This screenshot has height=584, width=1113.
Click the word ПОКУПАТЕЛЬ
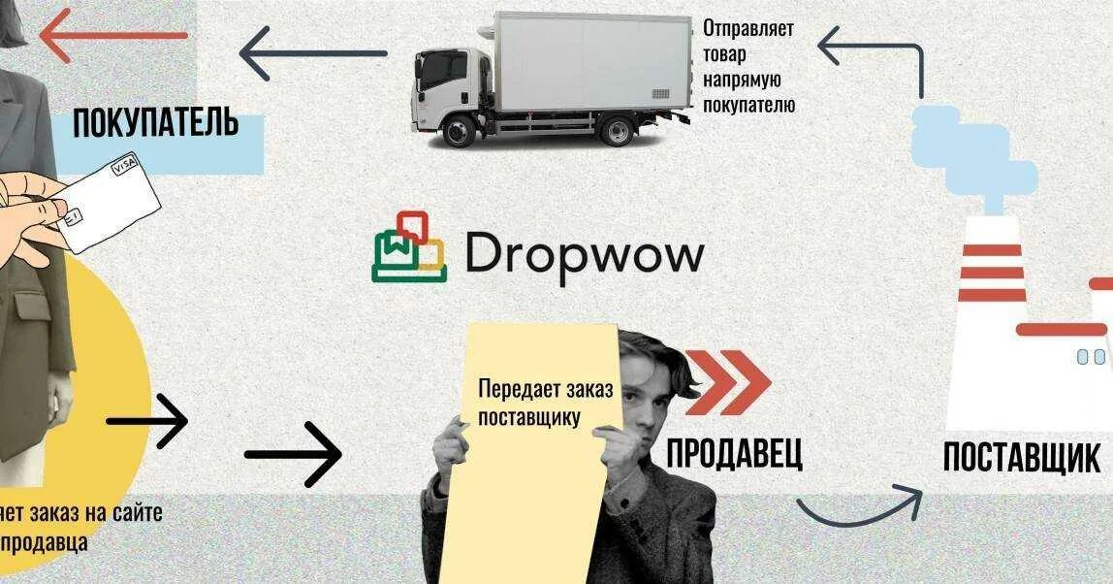pyautogui.click(x=155, y=124)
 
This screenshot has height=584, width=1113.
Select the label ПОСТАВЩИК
pyautogui.click(x=1021, y=457)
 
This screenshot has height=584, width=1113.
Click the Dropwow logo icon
pyautogui.click(x=409, y=247)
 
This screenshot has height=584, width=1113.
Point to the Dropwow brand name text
pyautogui.click(x=584, y=254)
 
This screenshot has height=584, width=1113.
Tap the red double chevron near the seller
pyautogui.click(x=727, y=381)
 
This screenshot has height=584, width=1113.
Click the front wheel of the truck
pyautogui.click(x=460, y=129)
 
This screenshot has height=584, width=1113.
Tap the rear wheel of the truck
pyautogui.click(x=616, y=129)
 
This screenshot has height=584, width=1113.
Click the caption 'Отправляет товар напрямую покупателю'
pyautogui.click(x=748, y=66)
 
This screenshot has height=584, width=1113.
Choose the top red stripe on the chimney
pyautogui.click(x=991, y=250)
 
